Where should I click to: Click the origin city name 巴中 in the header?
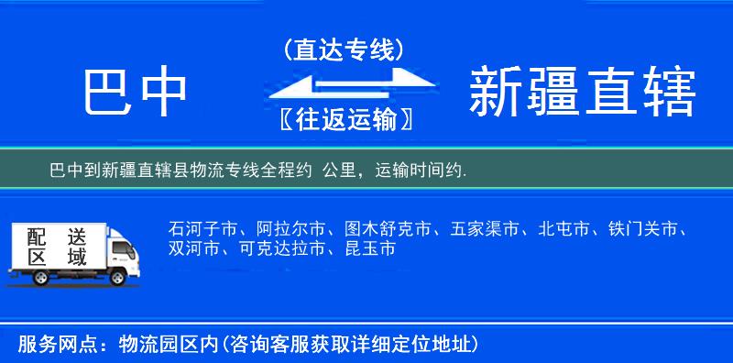pos(136,93)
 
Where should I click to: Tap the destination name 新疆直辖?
pos(583,93)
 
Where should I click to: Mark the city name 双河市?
pos(195,248)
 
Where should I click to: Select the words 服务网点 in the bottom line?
pos(48,346)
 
